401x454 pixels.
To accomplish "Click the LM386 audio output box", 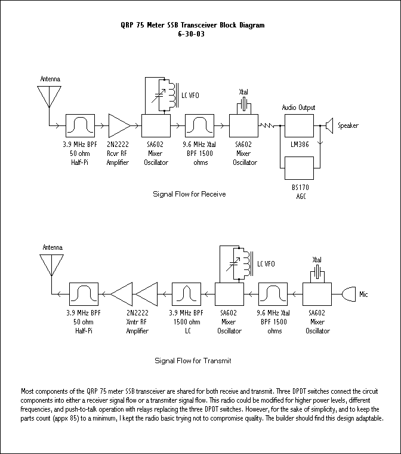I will tap(299, 126).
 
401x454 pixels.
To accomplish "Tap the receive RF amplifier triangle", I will tap(119, 126).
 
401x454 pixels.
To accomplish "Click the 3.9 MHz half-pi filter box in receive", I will tap(79, 126).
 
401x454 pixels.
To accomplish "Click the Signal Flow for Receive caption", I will tap(189, 194).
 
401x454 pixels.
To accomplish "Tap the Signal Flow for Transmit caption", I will tap(193, 361).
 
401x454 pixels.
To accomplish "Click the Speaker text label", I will tap(348, 125).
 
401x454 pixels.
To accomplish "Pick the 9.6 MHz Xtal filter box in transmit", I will tap(272, 294).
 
